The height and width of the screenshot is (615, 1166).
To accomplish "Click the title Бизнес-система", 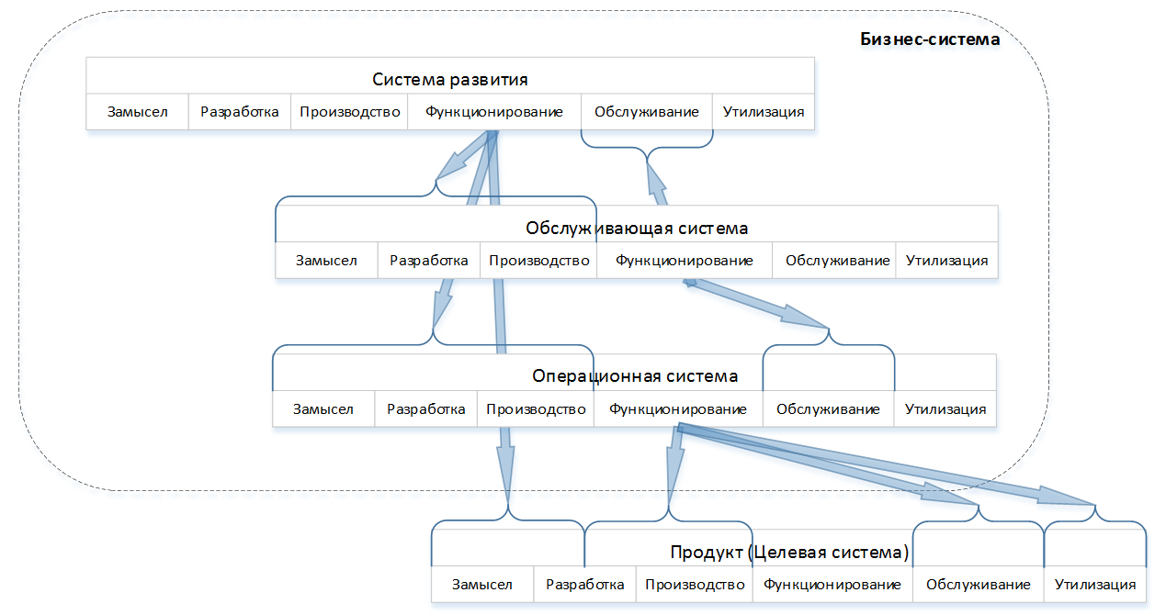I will tap(930, 39).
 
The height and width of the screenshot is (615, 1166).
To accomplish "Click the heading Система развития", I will tap(449, 79).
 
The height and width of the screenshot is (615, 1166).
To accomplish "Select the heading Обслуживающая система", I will tap(637, 228).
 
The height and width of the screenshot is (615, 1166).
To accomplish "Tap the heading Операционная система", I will tap(635, 376).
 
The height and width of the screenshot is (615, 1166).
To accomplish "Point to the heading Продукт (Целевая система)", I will tap(789, 553).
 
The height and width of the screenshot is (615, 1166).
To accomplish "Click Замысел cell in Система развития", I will tap(137, 112).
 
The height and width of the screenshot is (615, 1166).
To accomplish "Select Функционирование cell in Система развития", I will tap(493, 112).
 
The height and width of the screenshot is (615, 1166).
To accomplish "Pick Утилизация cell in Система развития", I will tap(764, 112).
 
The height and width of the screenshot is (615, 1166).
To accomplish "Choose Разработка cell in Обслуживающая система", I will tap(429, 261).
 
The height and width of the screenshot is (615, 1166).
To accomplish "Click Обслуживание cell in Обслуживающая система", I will tap(837, 261).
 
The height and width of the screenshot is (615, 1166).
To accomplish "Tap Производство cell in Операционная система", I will tap(536, 409).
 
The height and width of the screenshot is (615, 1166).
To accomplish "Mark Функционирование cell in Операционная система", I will tap(678, 409).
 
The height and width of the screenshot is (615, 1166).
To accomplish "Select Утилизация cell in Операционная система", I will tap(945, 409).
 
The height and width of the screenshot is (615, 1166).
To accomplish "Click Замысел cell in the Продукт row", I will tap(482, 585).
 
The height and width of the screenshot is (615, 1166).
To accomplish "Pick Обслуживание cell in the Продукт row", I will tap(979, 585).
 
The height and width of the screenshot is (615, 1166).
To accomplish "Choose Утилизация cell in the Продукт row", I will tap(1095, 585).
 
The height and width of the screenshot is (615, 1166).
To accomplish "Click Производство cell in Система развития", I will tap(350, 112).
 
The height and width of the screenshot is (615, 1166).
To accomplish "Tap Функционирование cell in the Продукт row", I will tap(832, 585).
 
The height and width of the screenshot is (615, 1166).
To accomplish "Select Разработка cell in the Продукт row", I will tap(584, 585).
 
